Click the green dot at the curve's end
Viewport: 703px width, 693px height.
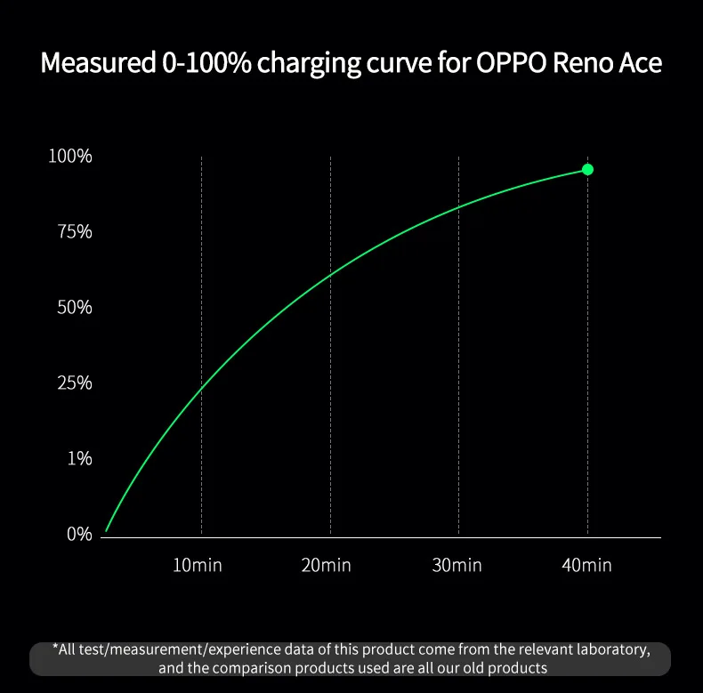(x=587, y=169)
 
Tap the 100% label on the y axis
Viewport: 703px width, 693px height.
(x=70, y=157)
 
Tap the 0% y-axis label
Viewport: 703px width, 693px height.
(x=78, y=535)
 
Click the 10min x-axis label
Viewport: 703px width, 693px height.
(x=198, y=565)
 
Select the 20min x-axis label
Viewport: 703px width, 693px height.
(x=326, y=565)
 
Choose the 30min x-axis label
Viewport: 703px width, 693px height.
(x=457, y=565)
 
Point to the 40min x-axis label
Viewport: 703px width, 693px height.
(x=586, y=565)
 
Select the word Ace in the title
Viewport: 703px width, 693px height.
(x=640, y=64)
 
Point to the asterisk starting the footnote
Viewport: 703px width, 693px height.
(x=56, y=647)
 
